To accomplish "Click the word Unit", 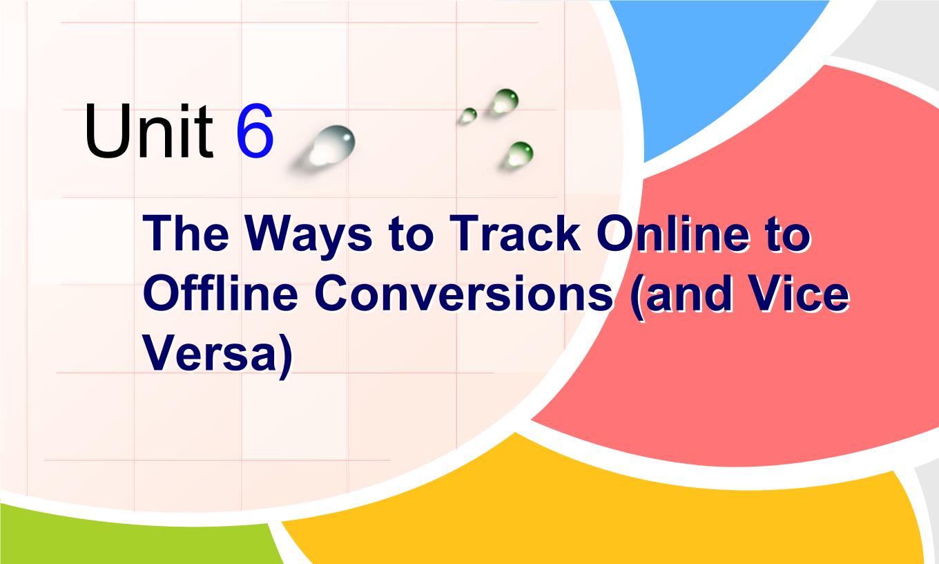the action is tap(149, 131).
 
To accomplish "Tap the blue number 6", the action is tap(255, 131).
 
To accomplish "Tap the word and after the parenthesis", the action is tap(691, 293).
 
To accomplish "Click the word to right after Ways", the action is tap(410, 235).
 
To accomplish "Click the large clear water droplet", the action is tap(331, 145).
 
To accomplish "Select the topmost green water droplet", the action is tap(505, 101).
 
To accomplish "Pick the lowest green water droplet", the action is tap(520, 153).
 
